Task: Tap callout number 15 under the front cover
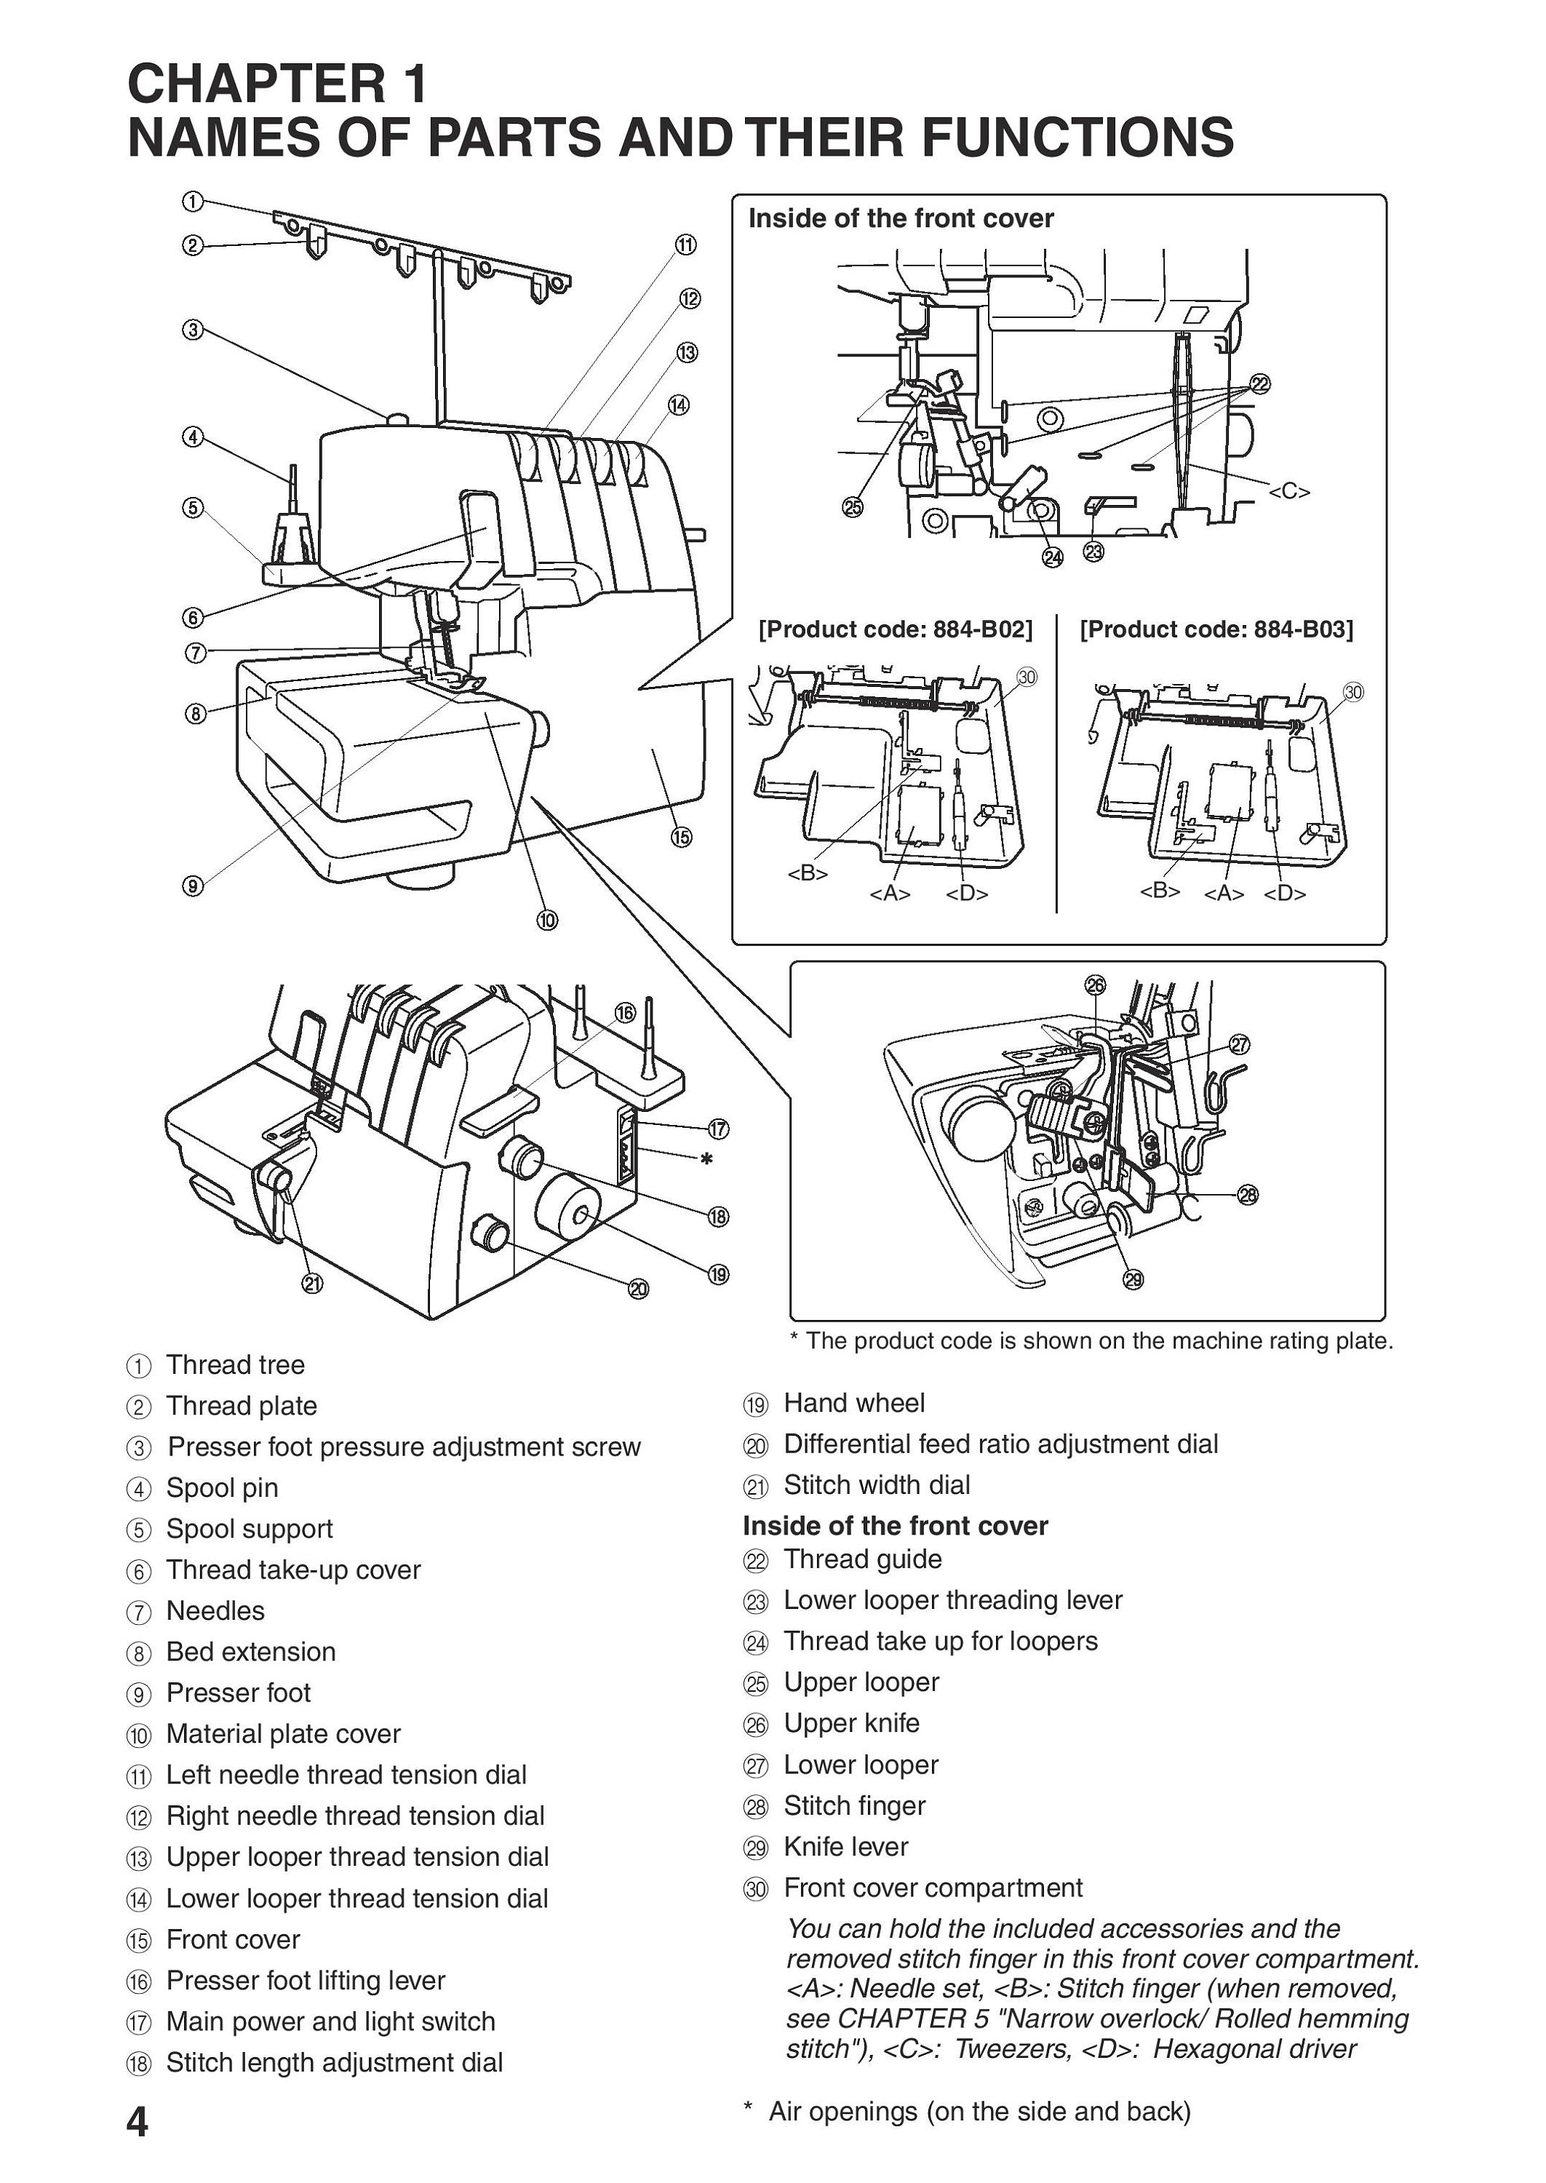click(x=681, y=837)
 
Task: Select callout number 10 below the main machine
click(x=546, y=920)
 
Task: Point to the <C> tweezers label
click(x=1289, y=491)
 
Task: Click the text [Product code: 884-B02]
click(x=895, y=629)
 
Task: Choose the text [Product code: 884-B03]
click(x=1216, y=629)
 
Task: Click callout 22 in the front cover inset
click(x=1259, y=383)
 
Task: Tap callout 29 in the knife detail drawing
click(x=1133, y=1279)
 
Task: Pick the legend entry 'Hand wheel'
click(x=854, y=1403)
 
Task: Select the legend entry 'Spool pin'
click(x=222, y=1488)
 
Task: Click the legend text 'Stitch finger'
click(x=854, y=1806)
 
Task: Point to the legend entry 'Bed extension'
click(x=250, y=1652)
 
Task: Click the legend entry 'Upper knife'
click(x=851, y=1723)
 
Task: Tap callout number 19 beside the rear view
click(x=719, y=1274)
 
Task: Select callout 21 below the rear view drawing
click(x=312, y=1284)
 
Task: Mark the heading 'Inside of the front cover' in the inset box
click(x=901, y=219)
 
